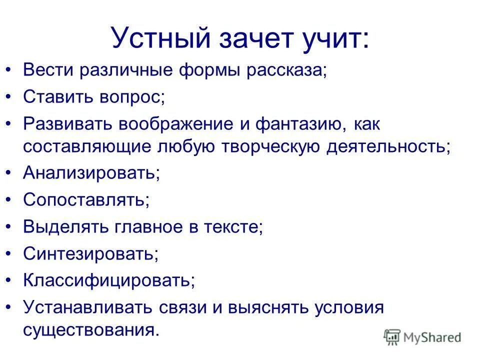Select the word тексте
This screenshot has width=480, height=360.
[232, 227]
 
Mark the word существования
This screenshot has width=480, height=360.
[90, 330]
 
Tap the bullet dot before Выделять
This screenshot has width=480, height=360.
[9, 227]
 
